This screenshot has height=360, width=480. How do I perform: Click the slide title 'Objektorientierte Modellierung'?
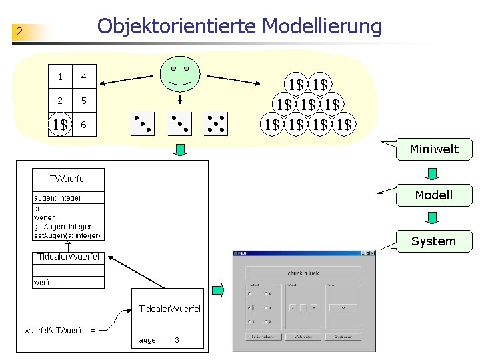(239, 26)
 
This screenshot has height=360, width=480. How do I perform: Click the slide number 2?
(20, 31)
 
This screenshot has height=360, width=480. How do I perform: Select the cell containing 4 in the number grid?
(83, 77)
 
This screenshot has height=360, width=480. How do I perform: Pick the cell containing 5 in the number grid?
(83, 101)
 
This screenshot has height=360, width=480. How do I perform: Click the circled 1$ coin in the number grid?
(60, 125)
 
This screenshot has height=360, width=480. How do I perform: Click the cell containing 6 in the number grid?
(83, 125)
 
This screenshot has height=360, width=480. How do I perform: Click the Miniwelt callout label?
(433, 149)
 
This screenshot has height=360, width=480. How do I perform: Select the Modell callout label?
(433, 195)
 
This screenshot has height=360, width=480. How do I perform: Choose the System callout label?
(433, 241)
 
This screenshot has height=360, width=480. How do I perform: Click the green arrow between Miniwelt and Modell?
(433, 173)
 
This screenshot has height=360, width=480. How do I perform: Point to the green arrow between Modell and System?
(433, 218)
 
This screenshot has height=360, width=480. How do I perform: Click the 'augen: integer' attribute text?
(58, 198)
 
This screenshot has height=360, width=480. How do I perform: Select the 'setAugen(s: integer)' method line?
(67, 235)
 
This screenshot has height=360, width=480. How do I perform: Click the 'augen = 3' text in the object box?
(159, 340)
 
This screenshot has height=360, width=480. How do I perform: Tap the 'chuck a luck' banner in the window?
(303, 273)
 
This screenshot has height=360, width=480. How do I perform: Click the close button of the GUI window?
(371, 253)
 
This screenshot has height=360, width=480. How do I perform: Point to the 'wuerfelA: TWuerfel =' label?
(60, 330)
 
